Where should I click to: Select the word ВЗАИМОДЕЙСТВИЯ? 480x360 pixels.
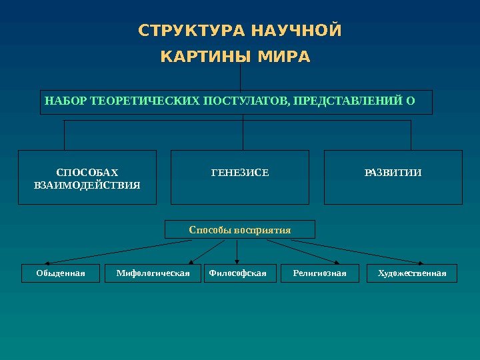pos(87,185)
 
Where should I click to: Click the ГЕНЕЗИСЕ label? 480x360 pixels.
pos(240,173)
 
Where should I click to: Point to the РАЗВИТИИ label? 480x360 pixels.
pos(393,173)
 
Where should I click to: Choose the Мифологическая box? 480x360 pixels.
pos(153,273)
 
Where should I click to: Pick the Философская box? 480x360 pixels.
pos(238,273)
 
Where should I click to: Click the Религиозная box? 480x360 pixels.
pos(320,273)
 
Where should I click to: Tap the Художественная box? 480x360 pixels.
pos(411,273)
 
